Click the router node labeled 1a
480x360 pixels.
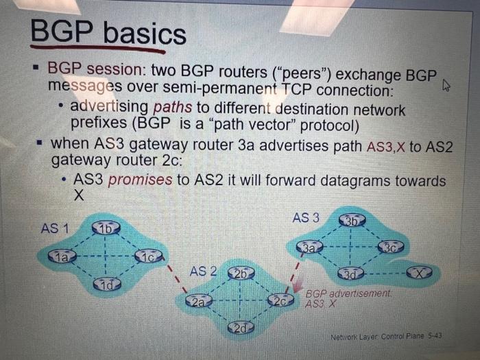61,256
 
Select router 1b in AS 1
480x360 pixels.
106,228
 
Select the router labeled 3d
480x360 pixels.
353,274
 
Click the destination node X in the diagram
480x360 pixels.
420,273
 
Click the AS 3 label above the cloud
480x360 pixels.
305,218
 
